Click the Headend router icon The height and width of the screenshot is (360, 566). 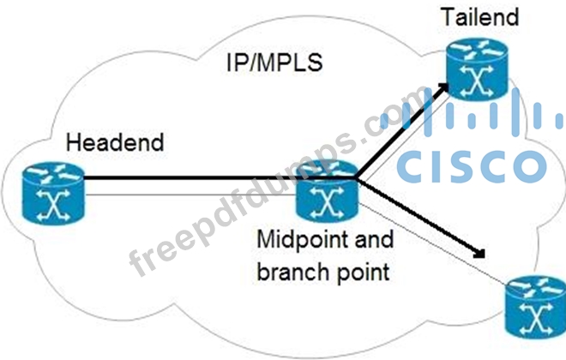click(53, 193)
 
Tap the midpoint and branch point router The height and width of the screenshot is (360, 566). click(327, 191)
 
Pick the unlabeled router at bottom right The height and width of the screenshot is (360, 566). click(536, 307)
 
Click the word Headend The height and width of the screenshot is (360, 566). click(115, 142)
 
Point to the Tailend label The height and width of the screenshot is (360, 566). click(480, 16)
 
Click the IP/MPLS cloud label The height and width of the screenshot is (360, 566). click(274, 62)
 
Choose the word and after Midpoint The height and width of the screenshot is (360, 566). click(374, 239)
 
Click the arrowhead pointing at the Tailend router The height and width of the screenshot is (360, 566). click(442, 89)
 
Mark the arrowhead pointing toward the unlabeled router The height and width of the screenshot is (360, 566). click(479, 253)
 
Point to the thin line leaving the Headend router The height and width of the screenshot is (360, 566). click(190, 195)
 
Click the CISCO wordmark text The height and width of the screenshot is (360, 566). click(472, 166)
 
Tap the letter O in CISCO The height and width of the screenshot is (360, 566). click(529, 166)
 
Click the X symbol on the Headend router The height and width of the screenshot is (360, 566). click(53, 205)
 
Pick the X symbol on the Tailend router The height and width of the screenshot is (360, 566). click(477, 81)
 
